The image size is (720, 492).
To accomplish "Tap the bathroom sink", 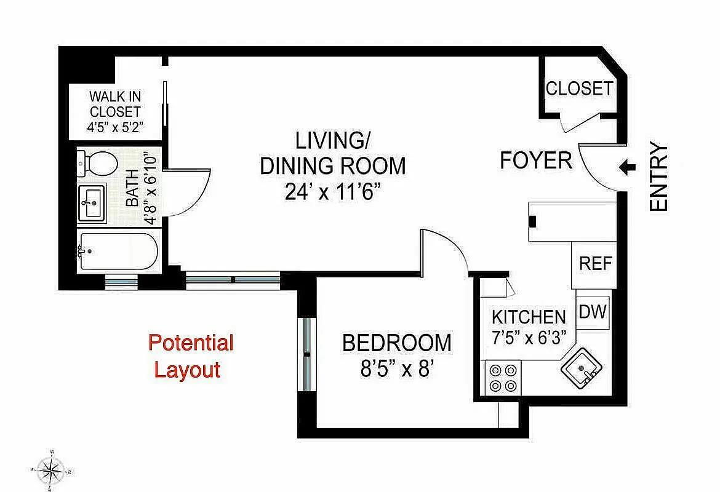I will pyautogui.click(x=92, y=202).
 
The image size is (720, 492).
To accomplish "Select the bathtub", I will pyautogui.click(x=117, y=251).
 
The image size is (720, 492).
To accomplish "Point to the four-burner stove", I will pyautogui.click(x=503, y=379).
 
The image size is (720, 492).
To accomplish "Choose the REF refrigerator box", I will pyautogui.click(x=595, y=264).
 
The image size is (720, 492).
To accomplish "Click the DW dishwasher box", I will pyautogui.click(x=593, y=311).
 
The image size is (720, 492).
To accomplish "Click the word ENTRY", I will pyautogui.click(x=658, y=178).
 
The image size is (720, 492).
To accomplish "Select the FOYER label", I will pyautogui.click(x=535, y=161).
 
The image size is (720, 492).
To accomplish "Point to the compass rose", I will pyautogui.click(x=52, y=471).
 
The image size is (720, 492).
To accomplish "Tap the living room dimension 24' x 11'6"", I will pyautogui.click(x=333, y=191).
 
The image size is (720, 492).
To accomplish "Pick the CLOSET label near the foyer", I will pyautogui.click(x=579, y=89).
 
